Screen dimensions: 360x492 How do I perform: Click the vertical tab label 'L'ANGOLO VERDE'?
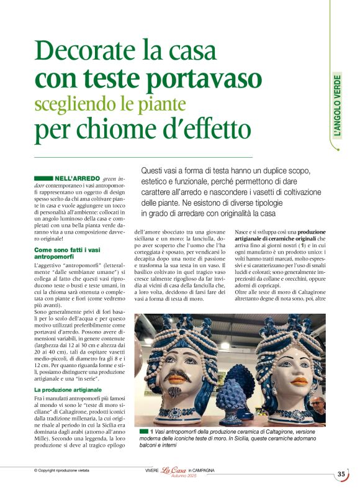(x=337, y=106)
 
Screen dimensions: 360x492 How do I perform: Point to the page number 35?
(x=341, y=474)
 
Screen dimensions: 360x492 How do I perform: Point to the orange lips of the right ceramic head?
(x=283, y=383)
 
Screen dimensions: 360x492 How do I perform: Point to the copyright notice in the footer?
(x=61, y=471)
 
